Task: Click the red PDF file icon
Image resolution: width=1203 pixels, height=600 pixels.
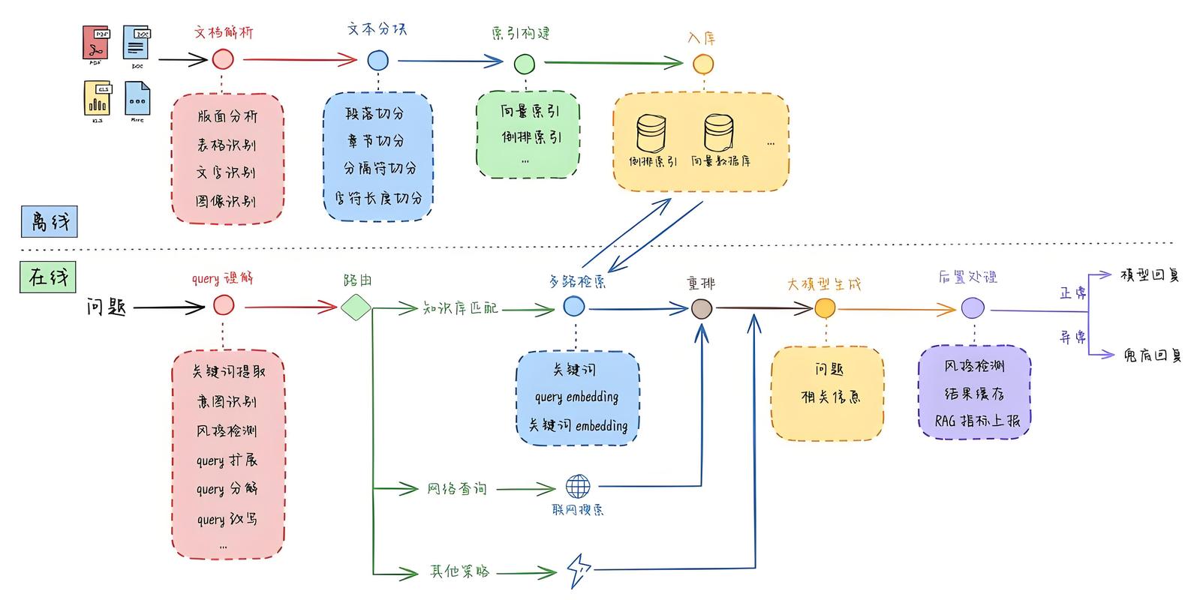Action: coord(96,43)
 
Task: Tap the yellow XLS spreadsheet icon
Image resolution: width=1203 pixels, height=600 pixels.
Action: coord(98,98)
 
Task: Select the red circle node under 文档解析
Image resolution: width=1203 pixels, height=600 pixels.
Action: coord(223,59)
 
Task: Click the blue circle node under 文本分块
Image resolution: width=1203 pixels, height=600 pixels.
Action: coord(378,61)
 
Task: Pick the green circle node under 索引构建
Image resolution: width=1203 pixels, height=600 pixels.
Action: coord(524,64)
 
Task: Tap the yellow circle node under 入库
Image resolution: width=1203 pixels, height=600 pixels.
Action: coord(703,64)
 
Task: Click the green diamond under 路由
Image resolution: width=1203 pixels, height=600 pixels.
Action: coord(356,307)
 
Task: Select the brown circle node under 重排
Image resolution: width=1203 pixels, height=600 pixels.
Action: coord(702,308)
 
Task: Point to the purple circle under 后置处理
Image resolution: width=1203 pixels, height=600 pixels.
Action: coord(973,308)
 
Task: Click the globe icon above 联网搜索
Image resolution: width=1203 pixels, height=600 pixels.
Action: coord(578,487)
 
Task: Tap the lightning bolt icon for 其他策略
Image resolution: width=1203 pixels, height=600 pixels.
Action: coord(579,571)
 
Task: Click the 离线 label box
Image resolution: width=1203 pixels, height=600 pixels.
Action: coord(49,222)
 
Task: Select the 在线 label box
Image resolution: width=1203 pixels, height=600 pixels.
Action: coord(48,277)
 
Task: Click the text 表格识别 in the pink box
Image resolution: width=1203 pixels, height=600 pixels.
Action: coord(227,145)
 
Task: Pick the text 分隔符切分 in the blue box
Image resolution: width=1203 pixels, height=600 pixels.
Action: coord(380,169)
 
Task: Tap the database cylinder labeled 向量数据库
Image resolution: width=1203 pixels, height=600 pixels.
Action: coord(719,133)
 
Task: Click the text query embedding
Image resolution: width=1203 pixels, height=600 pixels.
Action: coord(576,397)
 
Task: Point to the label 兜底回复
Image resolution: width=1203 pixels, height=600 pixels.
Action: coord(1152,355)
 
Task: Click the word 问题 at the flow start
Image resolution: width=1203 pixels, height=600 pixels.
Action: coord(107,307)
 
